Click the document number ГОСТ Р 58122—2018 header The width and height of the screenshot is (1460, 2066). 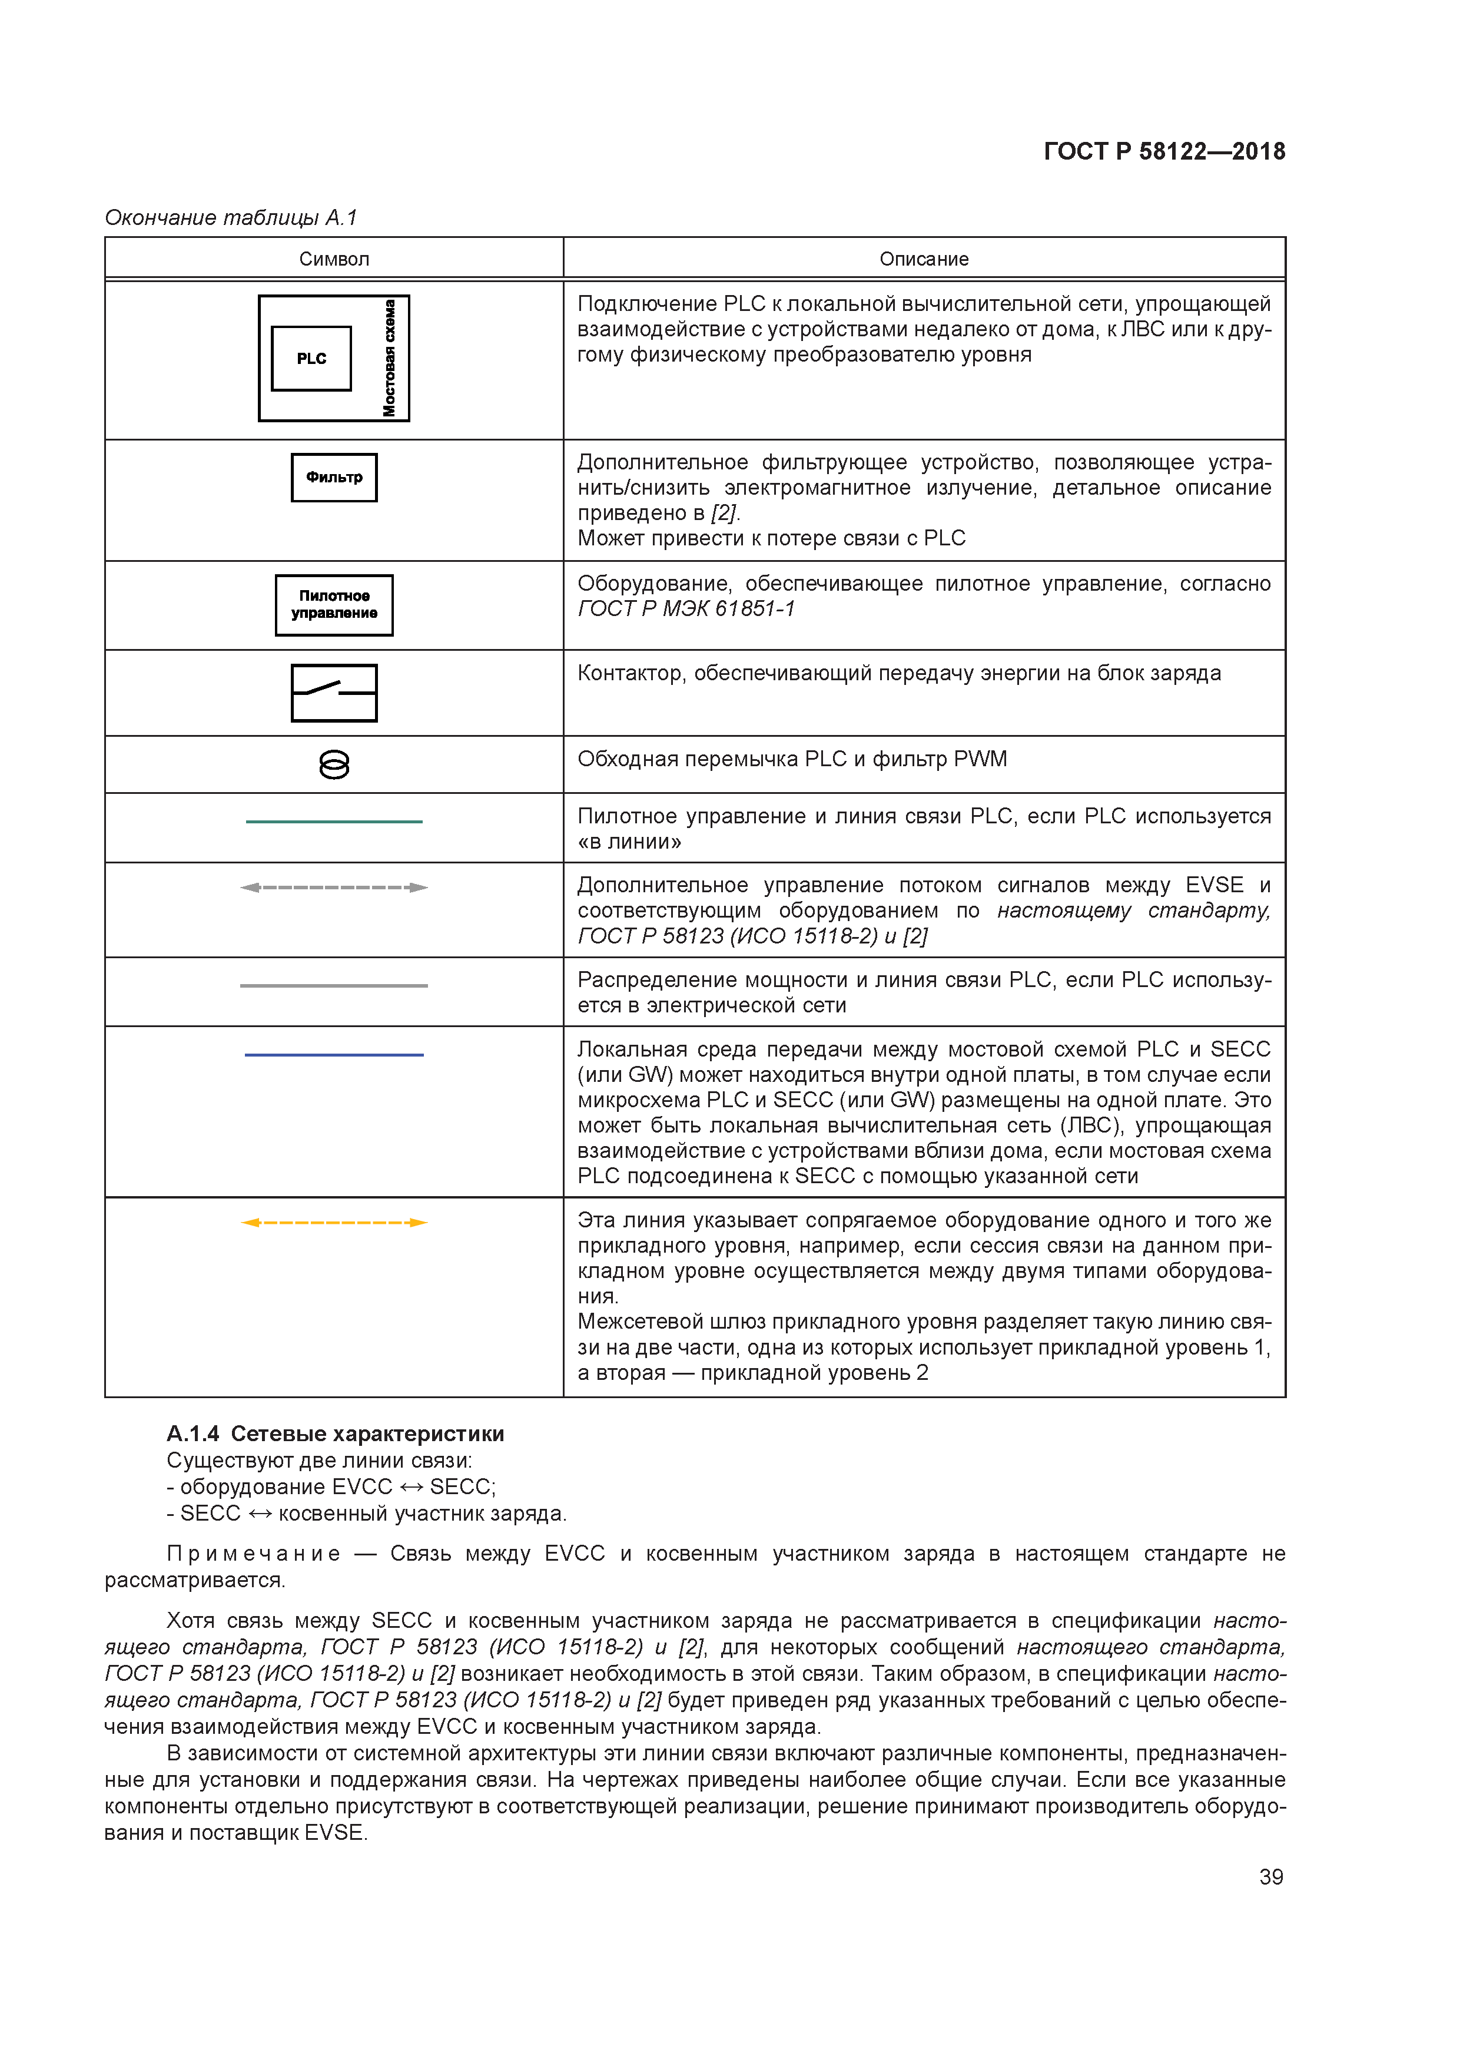[x=1163, y=151]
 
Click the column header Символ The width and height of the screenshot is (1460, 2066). [x=334, y=259]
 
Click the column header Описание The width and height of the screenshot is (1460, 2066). [x=923, y=259]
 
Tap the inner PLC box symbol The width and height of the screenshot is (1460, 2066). [x=311, y=358]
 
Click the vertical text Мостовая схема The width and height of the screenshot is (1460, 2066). [x=390, y=358]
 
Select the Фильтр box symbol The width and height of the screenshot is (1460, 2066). [x=334, y=477]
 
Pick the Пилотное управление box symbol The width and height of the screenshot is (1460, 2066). [x=334, y=605]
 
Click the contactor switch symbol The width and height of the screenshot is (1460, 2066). [x=334, y=692]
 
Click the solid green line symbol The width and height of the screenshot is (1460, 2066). [x=334, y=822]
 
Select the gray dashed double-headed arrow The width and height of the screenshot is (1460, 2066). [x=334, y=887]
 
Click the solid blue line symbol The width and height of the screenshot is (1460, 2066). [x=334, y=1055]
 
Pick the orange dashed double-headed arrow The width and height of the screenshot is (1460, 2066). [x=334, y=1222]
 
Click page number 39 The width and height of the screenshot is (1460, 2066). [x=1270, y=1876]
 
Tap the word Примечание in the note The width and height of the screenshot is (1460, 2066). [x=254, y=1554]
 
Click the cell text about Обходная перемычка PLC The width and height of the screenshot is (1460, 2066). [x=792, y=760]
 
